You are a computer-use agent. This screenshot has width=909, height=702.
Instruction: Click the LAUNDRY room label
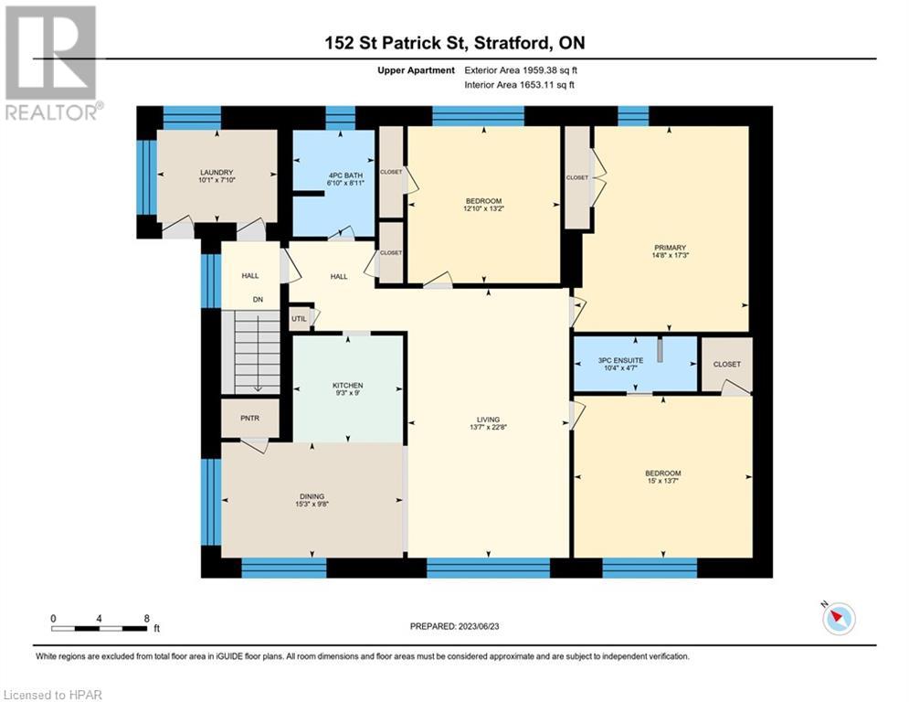click(x=217, y=173)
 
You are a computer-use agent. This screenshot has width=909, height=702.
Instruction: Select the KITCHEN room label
click(x=347, y=386)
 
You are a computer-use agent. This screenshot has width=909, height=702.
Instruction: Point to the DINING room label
click(x=312, y=496)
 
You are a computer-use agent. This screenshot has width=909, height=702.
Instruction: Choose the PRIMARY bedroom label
click(x=669, y=247)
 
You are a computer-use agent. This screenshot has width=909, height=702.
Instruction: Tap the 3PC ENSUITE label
click(x=621, y=360)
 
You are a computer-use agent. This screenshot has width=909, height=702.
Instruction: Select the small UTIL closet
click(x=299, y=318)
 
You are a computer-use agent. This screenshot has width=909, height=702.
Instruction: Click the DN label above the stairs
click(x=258, y=299)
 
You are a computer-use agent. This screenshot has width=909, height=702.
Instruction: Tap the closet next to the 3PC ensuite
click(x=726, y=364)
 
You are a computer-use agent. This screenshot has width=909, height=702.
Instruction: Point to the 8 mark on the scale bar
click(x=147, y=618)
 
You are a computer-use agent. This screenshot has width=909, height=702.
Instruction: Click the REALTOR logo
click(x=51, y=62)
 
